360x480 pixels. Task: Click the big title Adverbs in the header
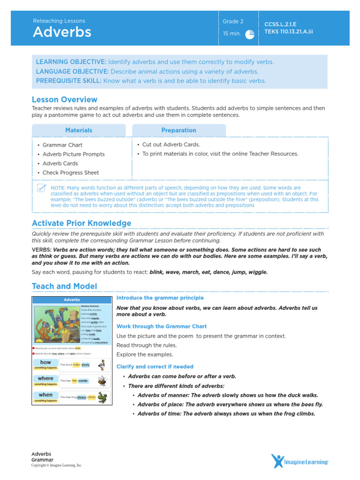pyautogui.click(x=62, y=32)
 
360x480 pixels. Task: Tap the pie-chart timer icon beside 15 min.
pyautogui.click(x=250, y=35)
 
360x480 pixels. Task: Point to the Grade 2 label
pyautogui.click(x=233, y=22)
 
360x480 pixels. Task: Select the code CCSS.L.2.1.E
pyautogui.click(x=280, y=24)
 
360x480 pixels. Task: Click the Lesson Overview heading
pyautogui.click(x=65, y=99)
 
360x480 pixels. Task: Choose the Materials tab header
pyautogui.click(x=79, y=130)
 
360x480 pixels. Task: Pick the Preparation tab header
pyautogui.click(x=179, y=130)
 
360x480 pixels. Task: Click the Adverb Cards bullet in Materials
pyautogui.click(x=60, y=164)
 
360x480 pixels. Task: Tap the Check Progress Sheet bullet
pyautogui.click(x=70, y=172)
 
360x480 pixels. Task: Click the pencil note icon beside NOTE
pyautogui.click(x=42, y=188)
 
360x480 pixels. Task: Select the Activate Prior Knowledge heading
pyautogui.click(x=82, y=223)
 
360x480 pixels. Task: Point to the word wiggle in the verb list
pyautogui.click(x=257, y=272)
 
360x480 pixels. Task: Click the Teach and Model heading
pyautogui.click(x=65, y=286)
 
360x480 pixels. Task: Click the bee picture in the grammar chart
pyautogui.click(x=102, y=381)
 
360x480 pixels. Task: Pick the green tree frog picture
pyautogui.click(x=103, y=397)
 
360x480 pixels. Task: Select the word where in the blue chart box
pyautogui.click(x=46, y=378)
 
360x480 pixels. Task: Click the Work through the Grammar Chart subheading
pyautogui.click(x=161, y=326)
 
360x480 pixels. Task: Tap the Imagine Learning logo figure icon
pyautogui.click(x=277, y=461)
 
